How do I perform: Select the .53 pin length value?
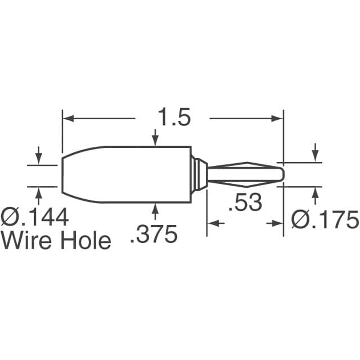click(245, 202)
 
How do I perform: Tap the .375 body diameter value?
click(154, 233)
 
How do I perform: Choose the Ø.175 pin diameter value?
click(325, 220)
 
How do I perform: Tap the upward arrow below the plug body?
click(155, 209)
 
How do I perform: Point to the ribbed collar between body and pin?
click(197, 174)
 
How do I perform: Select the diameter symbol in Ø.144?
click(10, 217)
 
